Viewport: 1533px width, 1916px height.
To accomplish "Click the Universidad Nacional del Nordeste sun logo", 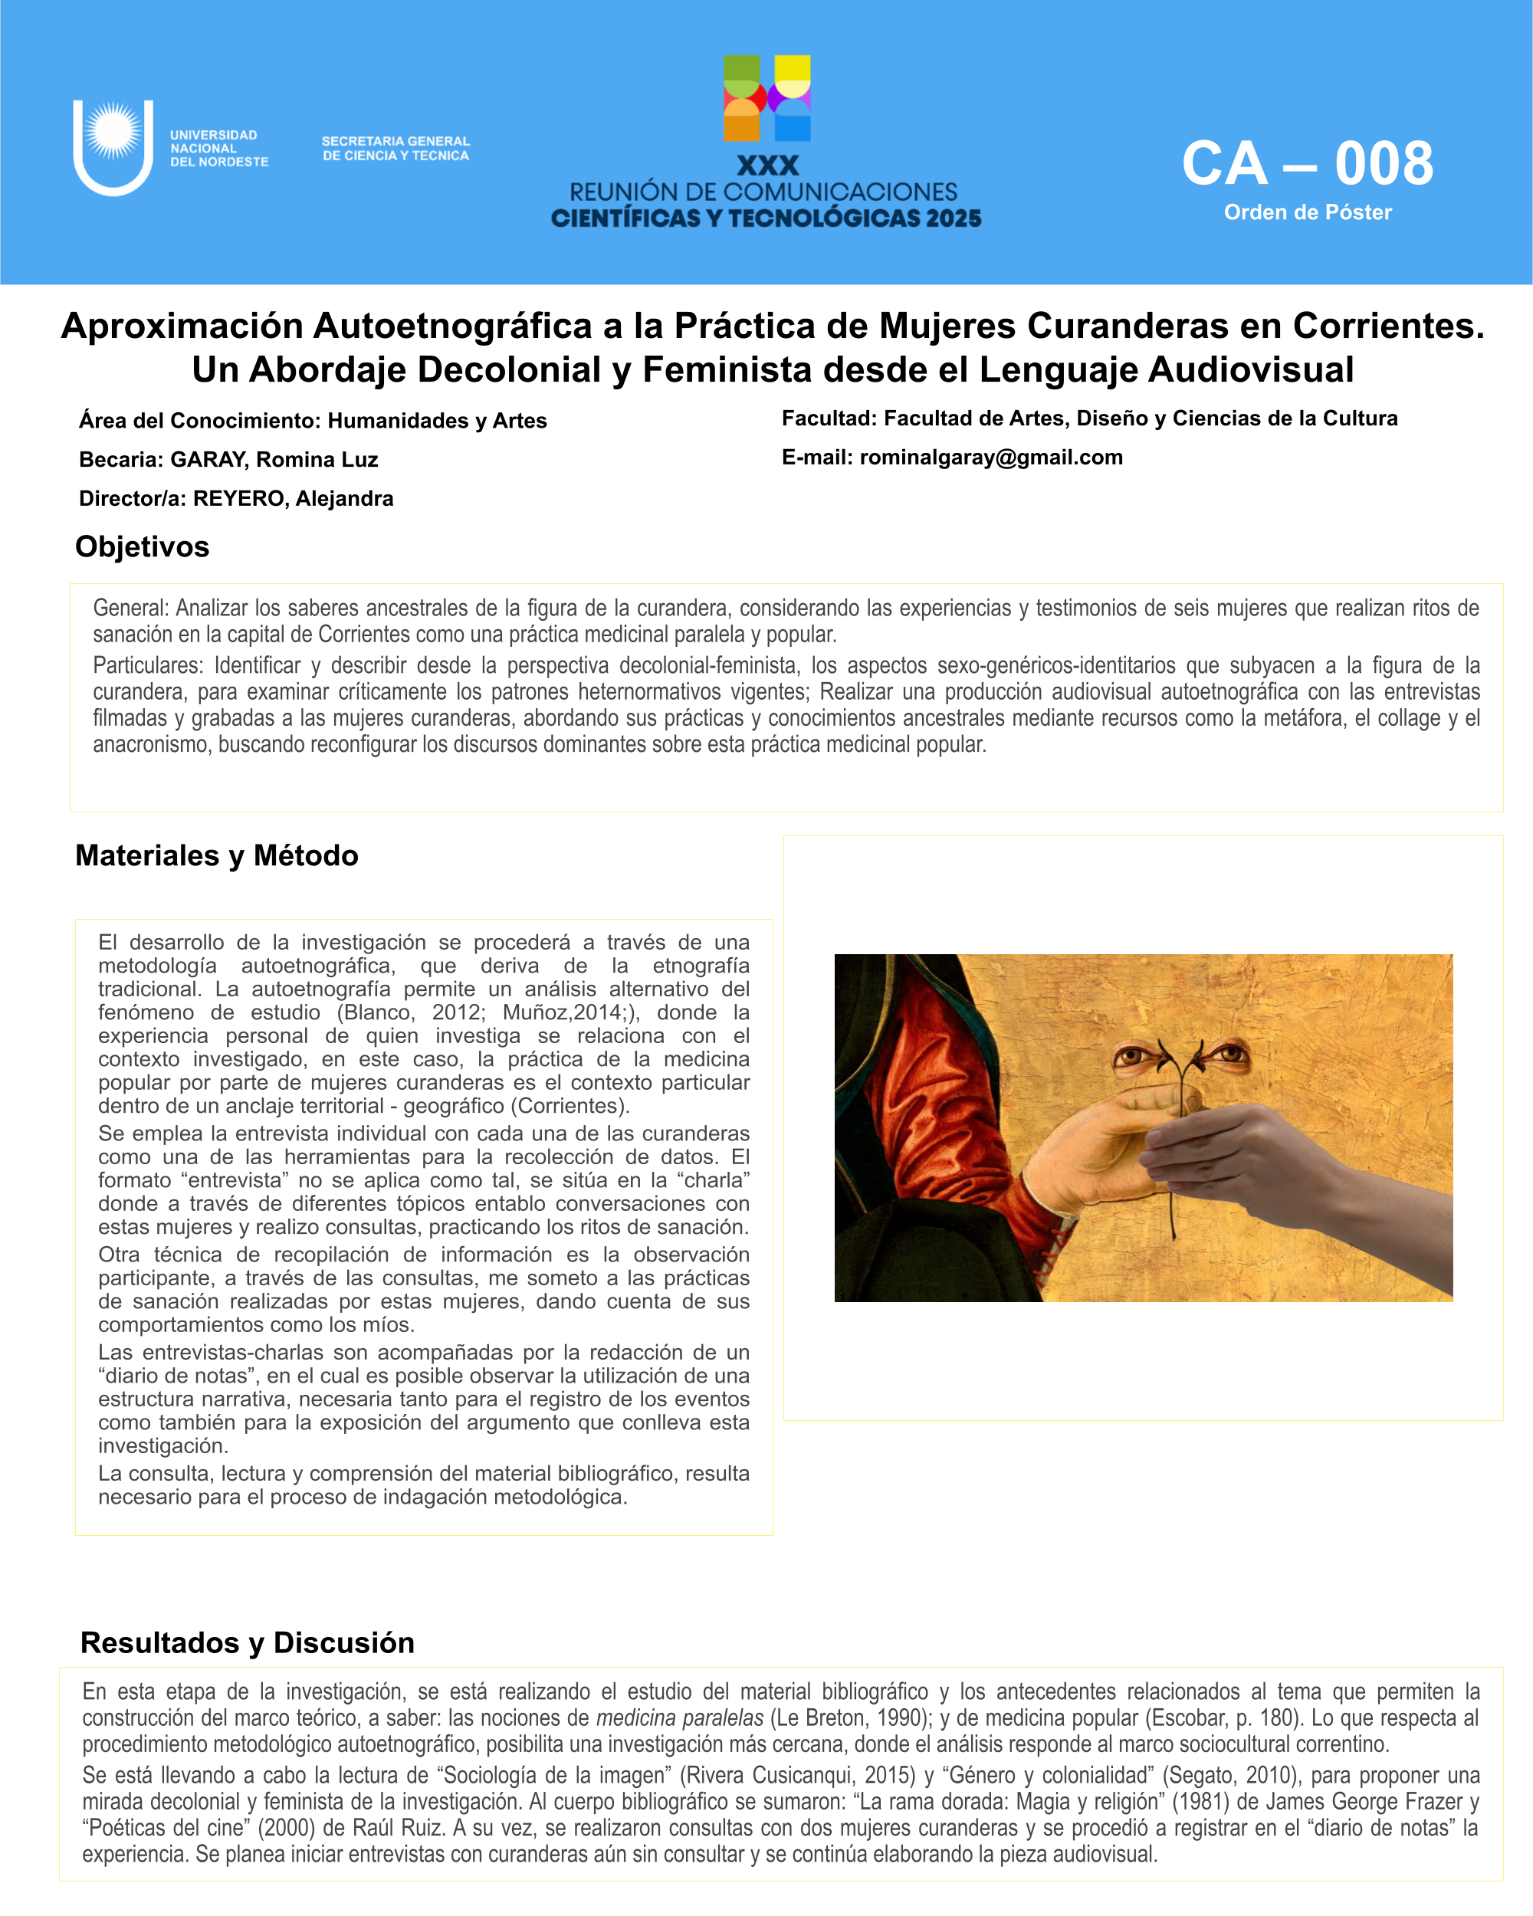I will (x=113, y=146).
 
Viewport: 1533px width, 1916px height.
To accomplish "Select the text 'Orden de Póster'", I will (x=1308, y=212).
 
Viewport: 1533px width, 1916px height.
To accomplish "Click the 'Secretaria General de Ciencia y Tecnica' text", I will (x=396, y=149).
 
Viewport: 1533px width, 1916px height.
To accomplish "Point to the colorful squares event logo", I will (x=767, y=99).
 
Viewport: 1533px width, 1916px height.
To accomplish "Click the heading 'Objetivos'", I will (x=143, y=546).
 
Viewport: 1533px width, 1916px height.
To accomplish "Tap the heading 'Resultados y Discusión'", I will (x=247, y=1642).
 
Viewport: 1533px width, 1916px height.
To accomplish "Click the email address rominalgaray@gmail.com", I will (x=991, y=457).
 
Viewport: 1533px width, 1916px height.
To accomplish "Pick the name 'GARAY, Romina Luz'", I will (x=274, y=459).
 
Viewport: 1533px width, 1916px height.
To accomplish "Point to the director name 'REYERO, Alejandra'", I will (x=294, y=499).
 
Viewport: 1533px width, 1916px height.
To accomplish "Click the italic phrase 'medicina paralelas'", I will (x=679, y=1718).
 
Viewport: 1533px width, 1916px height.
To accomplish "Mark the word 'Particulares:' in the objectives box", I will (x=147, y=666).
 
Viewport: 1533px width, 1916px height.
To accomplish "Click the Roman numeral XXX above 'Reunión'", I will (x=767, y=166).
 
